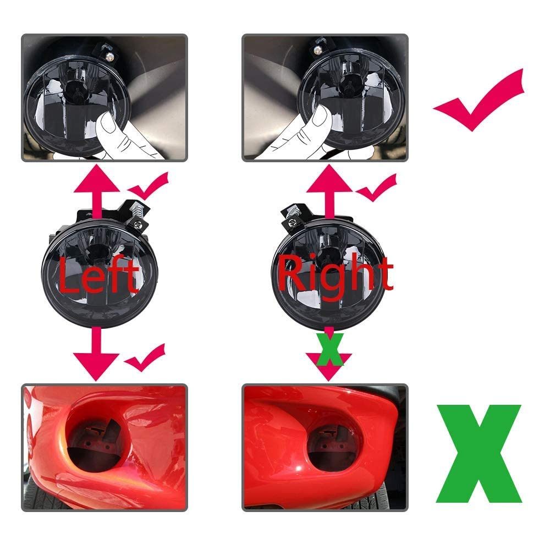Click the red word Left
click(x=98, y=275)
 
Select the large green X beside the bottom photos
click(x=479, y=454)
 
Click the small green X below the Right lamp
click(x=329, y=349)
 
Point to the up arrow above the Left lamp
click(x=97, y=191)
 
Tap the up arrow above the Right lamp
click(x=329, y=191)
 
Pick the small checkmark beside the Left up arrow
click(x=148, y=185)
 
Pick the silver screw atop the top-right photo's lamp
click(x=317, y=51)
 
